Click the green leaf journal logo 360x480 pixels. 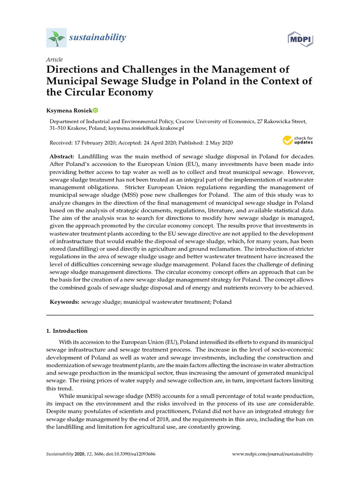point(56,37)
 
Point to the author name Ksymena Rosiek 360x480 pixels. point(68,111)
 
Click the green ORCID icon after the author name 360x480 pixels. point(95,111)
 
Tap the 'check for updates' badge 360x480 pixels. point(297,140)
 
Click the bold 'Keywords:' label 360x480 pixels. point(65,302)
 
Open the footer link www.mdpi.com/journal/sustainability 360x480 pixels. point(273,454)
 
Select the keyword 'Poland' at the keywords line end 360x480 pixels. point(222,302)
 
